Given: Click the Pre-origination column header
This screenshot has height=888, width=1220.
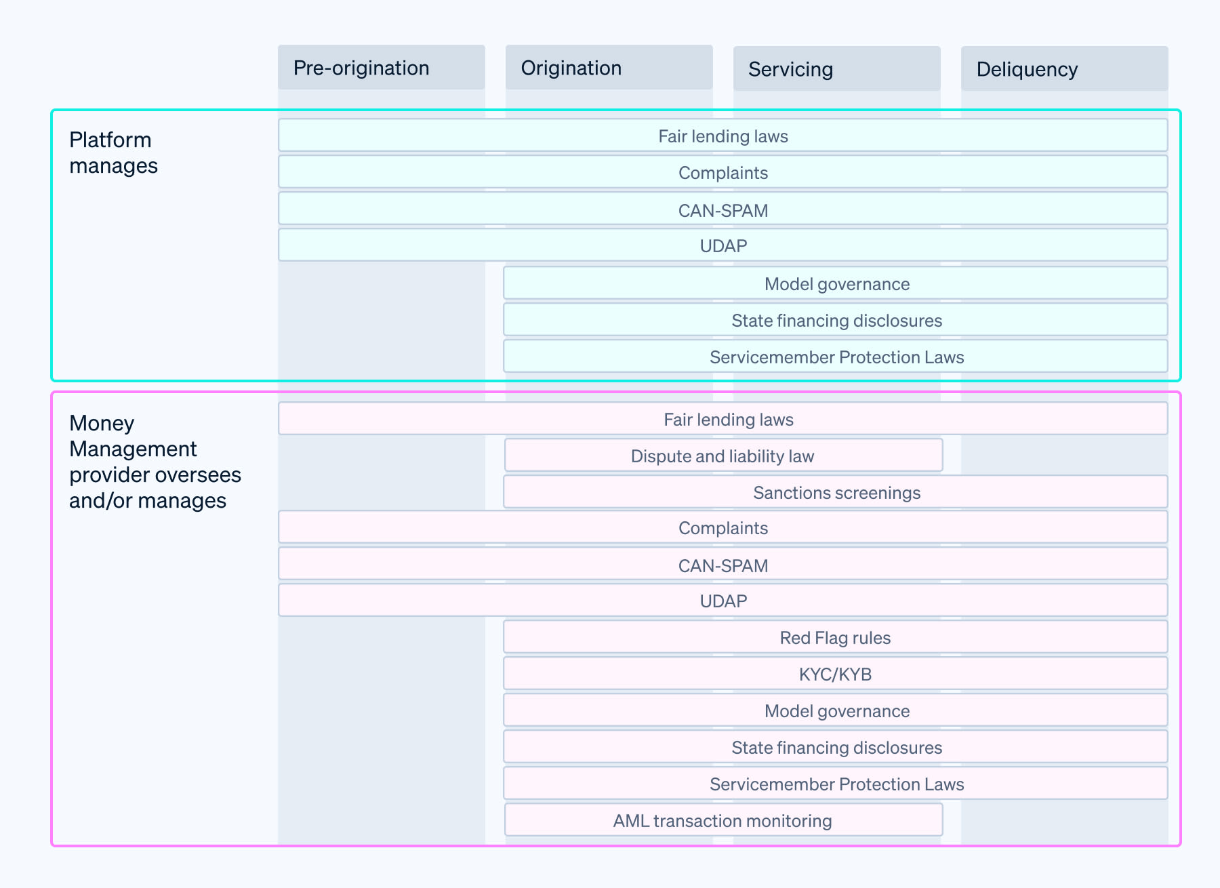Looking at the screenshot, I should click(381, 68).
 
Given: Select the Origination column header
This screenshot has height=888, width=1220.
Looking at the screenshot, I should click(609, 68).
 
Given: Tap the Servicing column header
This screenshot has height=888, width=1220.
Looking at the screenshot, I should click(836, 69).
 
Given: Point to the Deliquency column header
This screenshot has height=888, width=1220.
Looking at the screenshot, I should click(1064, 69).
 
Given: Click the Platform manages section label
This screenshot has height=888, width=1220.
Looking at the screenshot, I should click(113, 153).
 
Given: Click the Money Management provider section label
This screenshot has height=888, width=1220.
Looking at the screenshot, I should click(155, 462).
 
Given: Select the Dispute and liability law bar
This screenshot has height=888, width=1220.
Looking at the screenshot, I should click(723, 456).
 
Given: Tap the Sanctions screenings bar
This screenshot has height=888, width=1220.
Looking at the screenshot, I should click(836, 492).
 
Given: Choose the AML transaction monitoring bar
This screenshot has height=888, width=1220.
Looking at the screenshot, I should click(723, 820).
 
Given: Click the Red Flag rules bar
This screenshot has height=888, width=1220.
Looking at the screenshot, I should click(835, 637).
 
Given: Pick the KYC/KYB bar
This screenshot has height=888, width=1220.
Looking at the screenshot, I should click(835, 674).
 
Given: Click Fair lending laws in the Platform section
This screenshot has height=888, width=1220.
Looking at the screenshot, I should click(723, 136).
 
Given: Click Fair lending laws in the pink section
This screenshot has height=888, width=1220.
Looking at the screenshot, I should click(728, 419).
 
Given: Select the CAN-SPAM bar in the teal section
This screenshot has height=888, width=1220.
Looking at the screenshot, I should click(723, 209).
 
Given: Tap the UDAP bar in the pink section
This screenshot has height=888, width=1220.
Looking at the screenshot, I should click(723, 601).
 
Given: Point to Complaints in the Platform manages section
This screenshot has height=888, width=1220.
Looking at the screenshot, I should click(723, 172).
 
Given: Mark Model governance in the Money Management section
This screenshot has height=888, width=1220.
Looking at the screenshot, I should click(836, 710).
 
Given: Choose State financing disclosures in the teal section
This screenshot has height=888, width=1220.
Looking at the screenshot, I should click(836, 320).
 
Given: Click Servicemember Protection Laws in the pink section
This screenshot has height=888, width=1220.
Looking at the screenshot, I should click(836, 784).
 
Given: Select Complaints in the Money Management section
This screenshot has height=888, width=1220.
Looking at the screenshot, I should click(723, 527).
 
